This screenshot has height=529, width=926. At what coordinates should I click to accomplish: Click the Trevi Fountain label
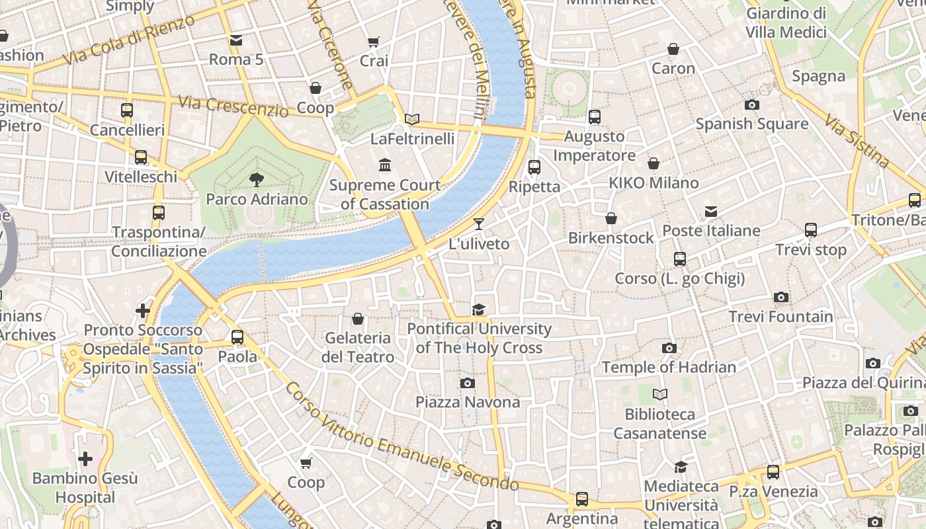780,317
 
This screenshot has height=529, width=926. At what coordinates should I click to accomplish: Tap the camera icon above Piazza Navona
467,383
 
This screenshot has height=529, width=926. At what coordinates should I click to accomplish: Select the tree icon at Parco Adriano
257,179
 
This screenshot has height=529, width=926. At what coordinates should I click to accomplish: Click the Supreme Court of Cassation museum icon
384,164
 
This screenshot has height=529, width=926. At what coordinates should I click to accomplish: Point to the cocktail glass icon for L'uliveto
479,224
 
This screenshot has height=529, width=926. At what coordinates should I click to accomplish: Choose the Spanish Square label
751,124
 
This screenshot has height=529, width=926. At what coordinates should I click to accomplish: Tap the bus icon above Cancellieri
127,110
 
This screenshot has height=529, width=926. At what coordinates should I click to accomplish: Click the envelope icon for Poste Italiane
710,212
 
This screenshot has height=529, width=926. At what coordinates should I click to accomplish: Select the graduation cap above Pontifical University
478,309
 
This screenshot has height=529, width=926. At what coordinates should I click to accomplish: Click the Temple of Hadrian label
669,367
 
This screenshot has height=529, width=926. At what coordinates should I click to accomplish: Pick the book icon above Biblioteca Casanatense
659,395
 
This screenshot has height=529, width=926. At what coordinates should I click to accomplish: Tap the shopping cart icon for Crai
373,42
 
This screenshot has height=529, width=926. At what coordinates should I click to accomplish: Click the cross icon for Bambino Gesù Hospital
85,458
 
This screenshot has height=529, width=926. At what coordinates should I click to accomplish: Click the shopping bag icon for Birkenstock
611,218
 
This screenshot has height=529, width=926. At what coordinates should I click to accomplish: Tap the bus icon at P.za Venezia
773,472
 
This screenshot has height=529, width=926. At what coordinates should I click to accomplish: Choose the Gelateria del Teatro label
358,347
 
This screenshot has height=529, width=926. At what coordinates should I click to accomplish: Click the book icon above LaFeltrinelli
412,119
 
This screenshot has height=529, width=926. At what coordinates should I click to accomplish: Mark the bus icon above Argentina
582,499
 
